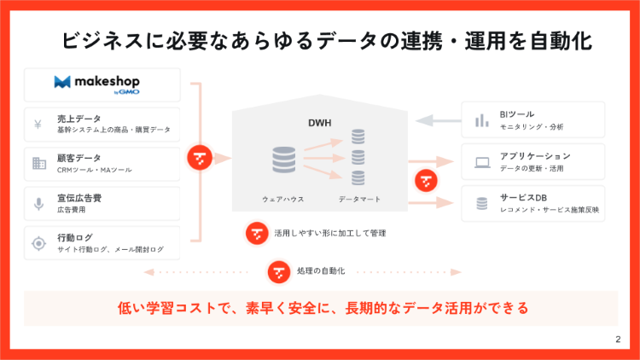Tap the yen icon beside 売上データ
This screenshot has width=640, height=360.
38,125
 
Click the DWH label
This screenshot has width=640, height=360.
319,123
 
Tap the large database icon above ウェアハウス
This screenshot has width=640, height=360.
283,160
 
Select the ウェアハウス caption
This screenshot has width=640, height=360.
283,199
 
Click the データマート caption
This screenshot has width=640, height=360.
359,199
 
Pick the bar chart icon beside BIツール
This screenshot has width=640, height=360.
482,120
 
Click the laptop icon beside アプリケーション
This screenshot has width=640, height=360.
482,162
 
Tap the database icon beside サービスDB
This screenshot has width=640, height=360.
482,203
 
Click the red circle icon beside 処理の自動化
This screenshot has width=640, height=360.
279,271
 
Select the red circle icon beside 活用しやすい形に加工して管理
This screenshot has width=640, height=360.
257,232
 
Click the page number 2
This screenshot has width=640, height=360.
617,340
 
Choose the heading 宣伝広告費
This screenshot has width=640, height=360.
79,198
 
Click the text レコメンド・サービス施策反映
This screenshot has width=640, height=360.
551,209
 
